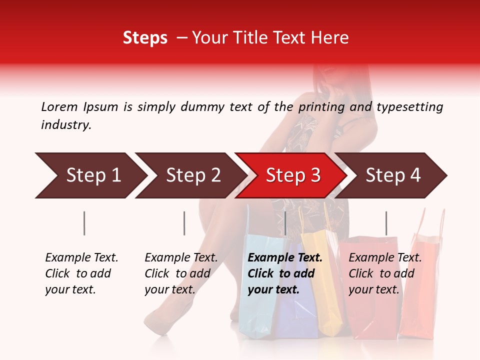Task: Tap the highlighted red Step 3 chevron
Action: [293, 175]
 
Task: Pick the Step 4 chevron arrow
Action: [393, 175]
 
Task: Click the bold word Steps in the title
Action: [145, 38]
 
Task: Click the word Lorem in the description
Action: [59, 106]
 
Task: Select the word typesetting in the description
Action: [409, 106]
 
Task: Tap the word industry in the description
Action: [66, 125]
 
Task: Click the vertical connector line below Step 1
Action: [84, 223]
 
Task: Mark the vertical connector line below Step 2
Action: [184, 223]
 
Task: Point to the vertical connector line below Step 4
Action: [386, 223]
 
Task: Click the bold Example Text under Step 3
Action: [285, 258]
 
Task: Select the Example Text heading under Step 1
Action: [81, 258]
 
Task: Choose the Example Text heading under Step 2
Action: [181, 258]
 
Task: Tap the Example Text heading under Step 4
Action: [385, 258]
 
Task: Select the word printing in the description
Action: [320, 106]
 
